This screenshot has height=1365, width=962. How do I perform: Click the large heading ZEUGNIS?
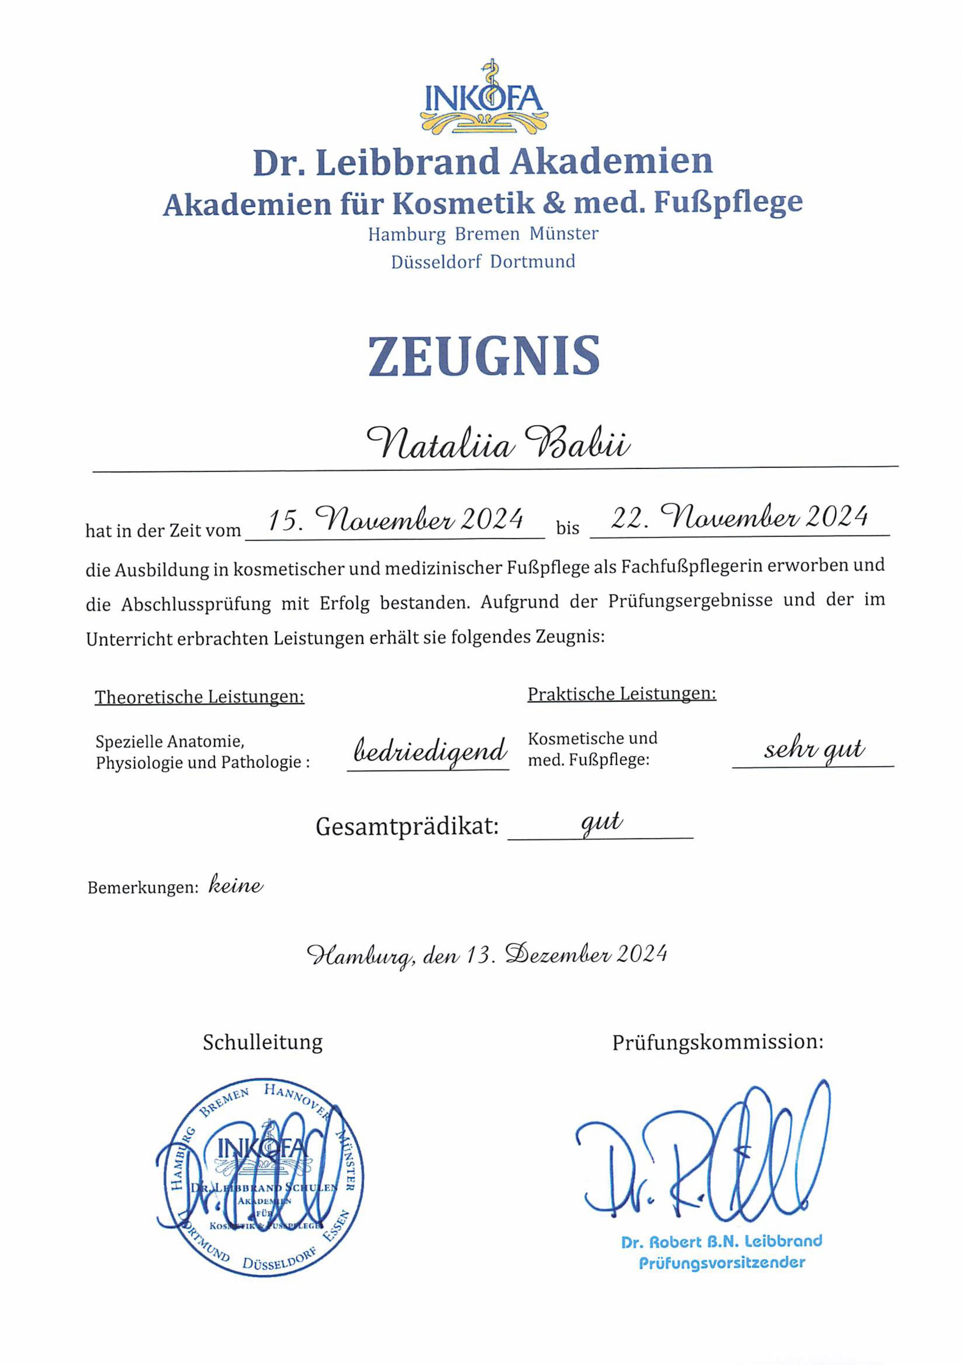[x=484, y=357]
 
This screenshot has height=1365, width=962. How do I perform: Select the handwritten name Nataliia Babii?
[x=498, y=443]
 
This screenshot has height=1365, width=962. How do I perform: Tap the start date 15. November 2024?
[x=395, y=519]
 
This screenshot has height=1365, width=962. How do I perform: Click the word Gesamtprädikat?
[x=407, y=826]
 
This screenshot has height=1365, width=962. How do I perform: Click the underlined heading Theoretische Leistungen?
[x=199, y=697]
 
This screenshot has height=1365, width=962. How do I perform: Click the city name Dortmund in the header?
[x=533, y=262]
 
